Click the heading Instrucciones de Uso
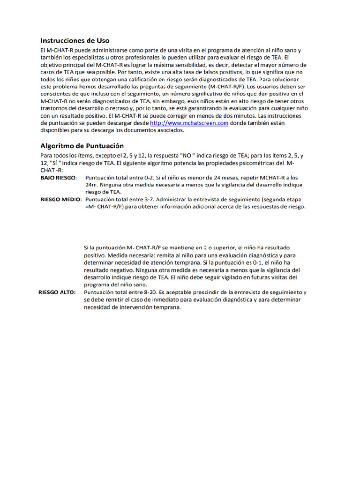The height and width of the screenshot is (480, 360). pyautogui.click(x=75, y=40)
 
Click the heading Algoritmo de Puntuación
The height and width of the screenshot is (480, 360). pyautogui.click(x=82, y=145)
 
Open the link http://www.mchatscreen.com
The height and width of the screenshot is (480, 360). pyautogui.click(x=189, y=123)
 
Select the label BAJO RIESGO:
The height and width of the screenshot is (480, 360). pyautogui.click(x=59, y=178)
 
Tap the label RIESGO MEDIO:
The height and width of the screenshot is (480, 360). pyautogui.click(x=61, y=199)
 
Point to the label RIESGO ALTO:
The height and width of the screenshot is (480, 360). pyautogui.click(x=57, y=292)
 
